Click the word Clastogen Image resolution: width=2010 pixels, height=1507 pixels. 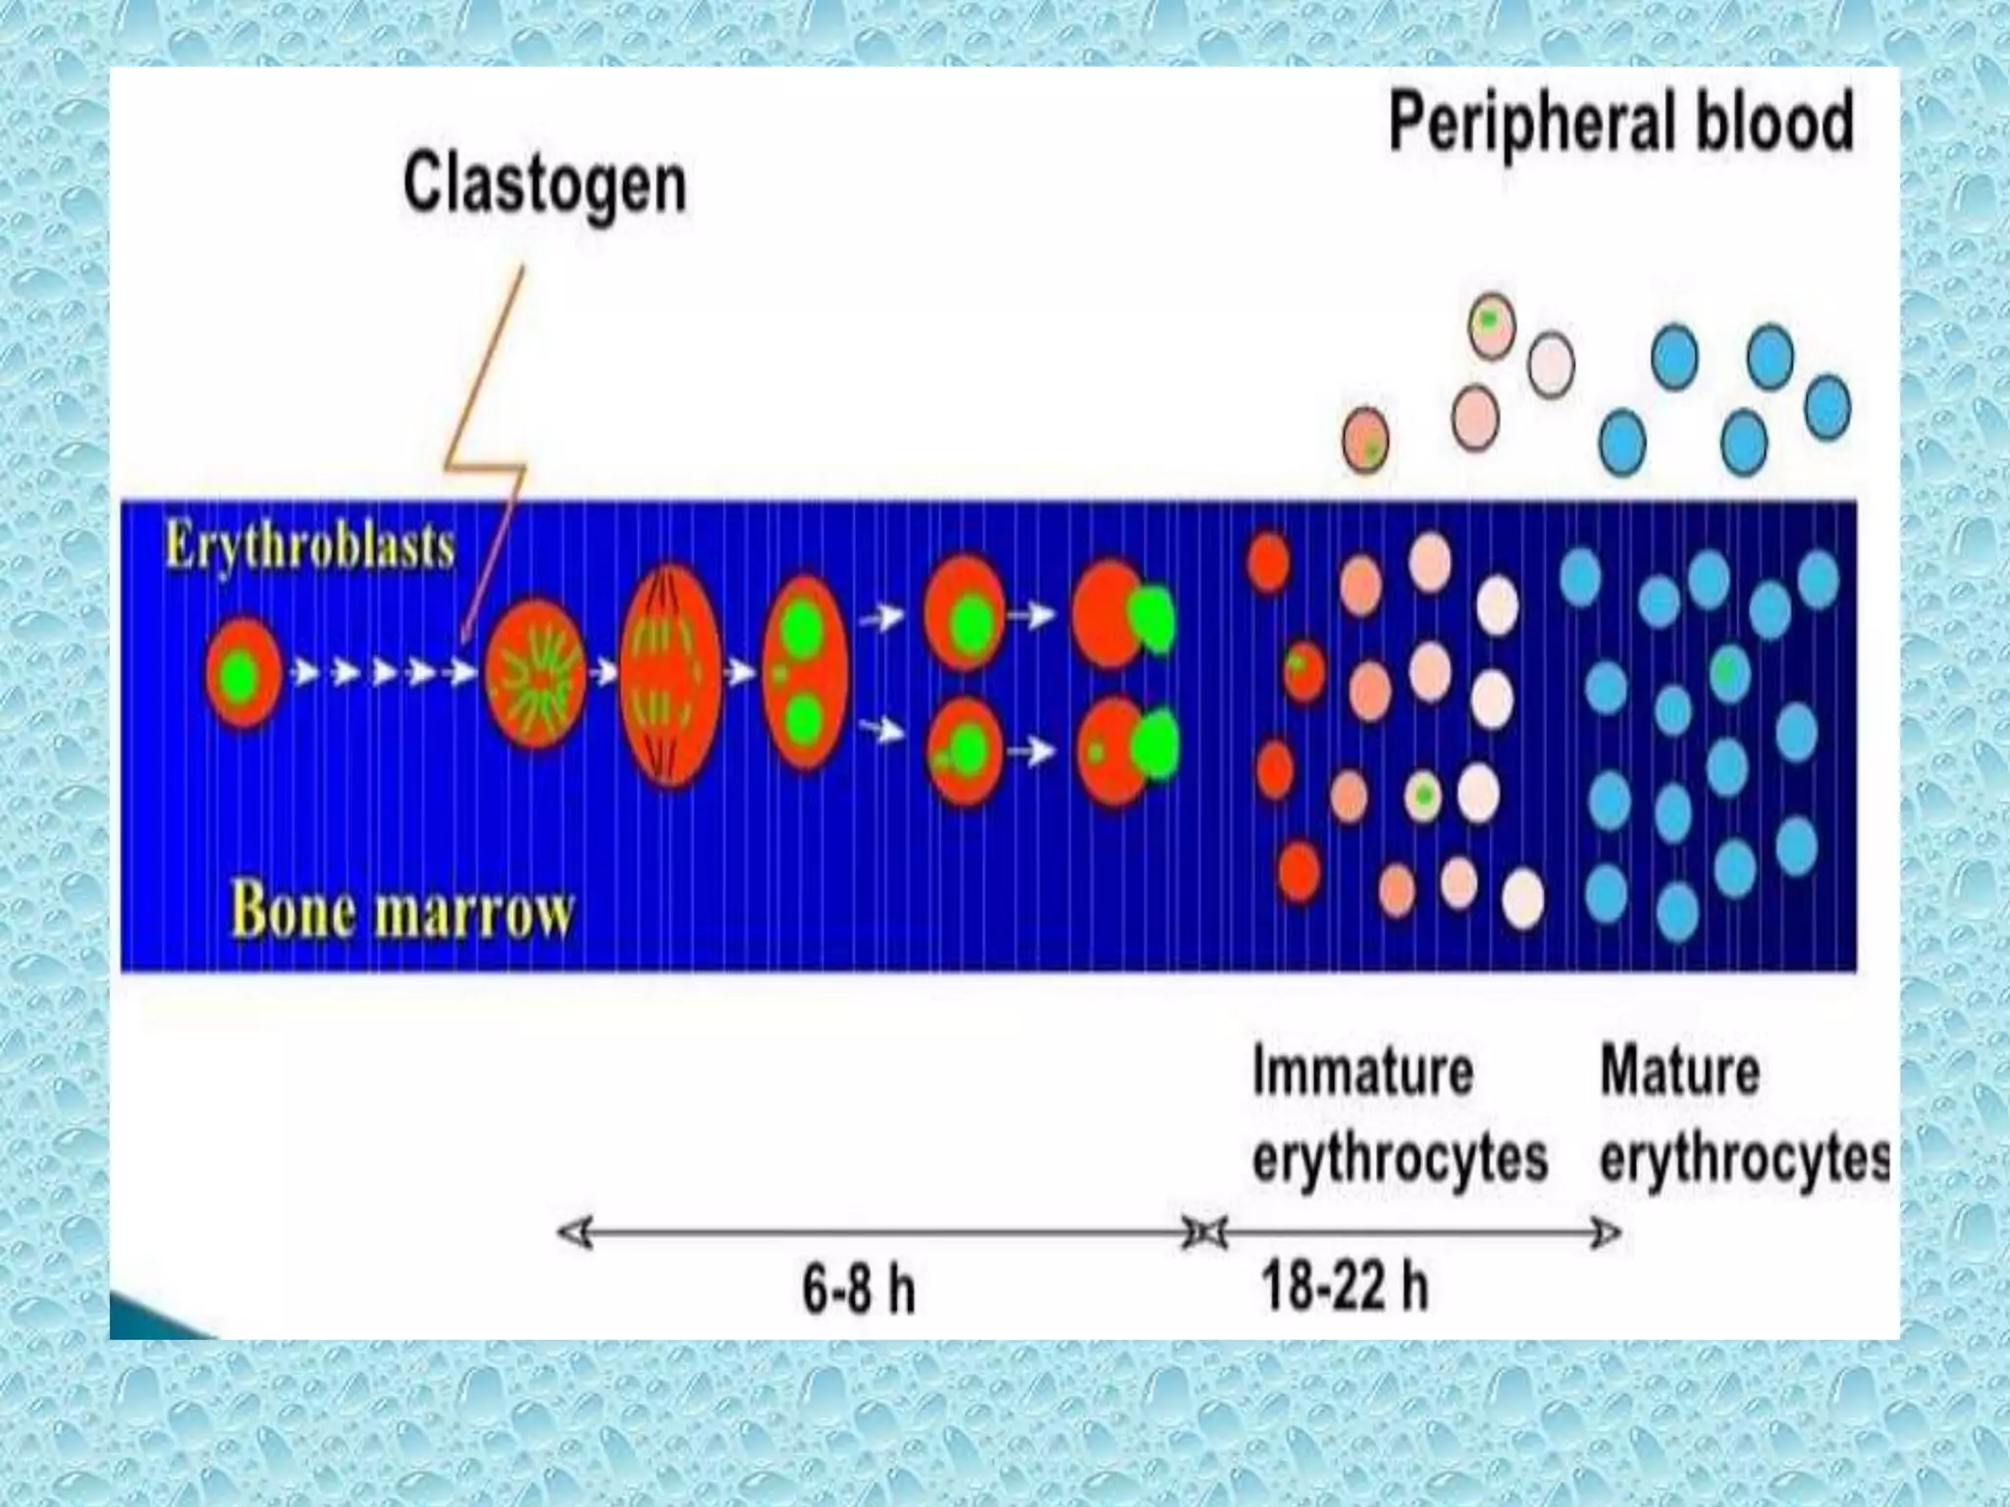[545, 183]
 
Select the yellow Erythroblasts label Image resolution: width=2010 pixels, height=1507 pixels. [309, 546]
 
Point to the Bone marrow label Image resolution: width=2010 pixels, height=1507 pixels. [401, 911]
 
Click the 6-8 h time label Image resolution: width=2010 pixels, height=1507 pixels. [858, 1288]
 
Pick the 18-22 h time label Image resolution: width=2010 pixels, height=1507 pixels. [1344, 1286]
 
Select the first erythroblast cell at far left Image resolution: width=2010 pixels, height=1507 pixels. [242, 673]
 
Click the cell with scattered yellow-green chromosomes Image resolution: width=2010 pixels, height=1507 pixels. [536, 673]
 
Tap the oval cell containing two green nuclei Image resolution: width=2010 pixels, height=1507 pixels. [804, 673]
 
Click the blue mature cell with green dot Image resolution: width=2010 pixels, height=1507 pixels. [1729, 673]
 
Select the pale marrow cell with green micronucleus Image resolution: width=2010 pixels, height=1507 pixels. [1424, 796]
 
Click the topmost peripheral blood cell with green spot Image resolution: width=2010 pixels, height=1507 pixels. [1491, 325]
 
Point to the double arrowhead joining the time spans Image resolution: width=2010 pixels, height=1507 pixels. [1204, 1232]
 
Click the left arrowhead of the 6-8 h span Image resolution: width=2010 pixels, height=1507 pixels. [574, 1232]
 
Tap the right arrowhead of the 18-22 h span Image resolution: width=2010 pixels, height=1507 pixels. [1605, 1232]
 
